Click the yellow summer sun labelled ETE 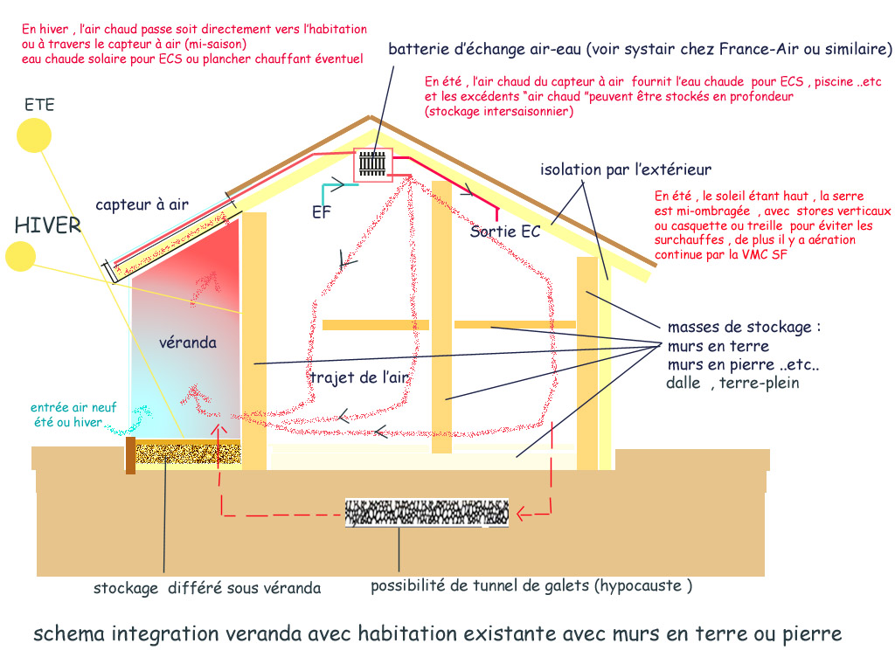(35, 135)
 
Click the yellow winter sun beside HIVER (19, 256)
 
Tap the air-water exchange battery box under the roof (373, 164)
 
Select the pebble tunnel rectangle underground (427, 513)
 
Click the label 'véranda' (187, 342)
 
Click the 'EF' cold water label (322, 212)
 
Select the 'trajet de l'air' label (360, 377)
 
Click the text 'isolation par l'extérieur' (626, 169)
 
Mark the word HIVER (47, 225)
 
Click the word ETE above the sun (39, 105)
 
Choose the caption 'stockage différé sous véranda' (207, 588)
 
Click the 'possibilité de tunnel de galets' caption (531, 586)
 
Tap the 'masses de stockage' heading (744, 328)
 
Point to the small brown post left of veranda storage (130, 456)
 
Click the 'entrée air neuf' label (66, 407)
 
